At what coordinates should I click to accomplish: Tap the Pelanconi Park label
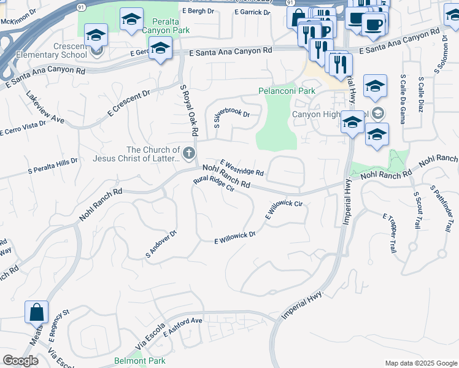pyautogui.click(x=287, y=91)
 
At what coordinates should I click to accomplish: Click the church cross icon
pyautogui.click(x=189, y=153)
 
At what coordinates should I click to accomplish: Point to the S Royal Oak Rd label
pyautogui.click(x=189, y=110)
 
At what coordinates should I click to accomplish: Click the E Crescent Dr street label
pyautogui.click(x=128, y=104)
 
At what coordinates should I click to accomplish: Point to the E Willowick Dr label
pyautogui.click(x=234, y=239)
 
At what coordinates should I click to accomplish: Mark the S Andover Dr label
pyautogui.click(x=161, y=244)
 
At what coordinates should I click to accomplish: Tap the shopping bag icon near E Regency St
pyautogui.click(x=36, y=312)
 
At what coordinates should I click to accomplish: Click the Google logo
pyautogui.click(x=20, y=361)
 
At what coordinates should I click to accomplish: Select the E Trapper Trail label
pyautogui.click(x=390, y=234)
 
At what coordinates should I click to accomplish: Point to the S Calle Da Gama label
pyautogui.click(x=403, y=99)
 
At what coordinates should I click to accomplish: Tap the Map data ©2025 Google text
pyautogui.click(x=420, y=363)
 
